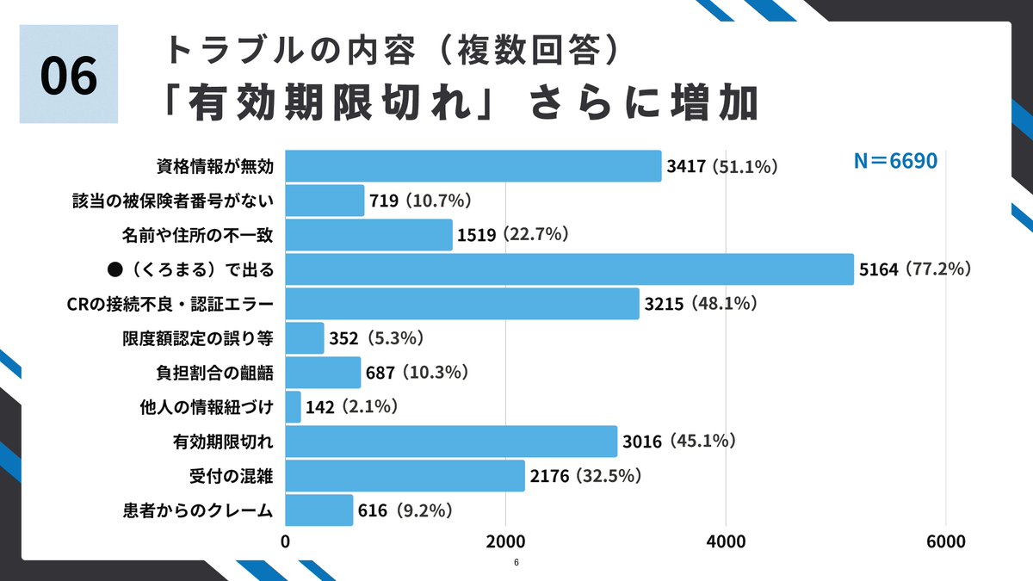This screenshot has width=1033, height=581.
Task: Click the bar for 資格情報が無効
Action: (473, 166)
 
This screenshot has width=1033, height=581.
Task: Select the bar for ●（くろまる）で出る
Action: (569, 269)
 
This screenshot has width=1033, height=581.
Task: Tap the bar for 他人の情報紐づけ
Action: (293, 406)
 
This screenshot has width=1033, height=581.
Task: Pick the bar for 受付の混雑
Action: (405, 475)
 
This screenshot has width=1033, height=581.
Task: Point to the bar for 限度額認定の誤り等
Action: (304, 338)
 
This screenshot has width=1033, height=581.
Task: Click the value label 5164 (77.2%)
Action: (916, 269)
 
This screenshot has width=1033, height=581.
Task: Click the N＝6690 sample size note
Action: (894, 161)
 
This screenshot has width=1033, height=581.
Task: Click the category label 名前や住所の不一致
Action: (198, 235)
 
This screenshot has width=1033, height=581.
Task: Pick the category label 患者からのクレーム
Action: (198, 510)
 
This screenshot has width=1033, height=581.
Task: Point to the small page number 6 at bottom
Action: (516, 563)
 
